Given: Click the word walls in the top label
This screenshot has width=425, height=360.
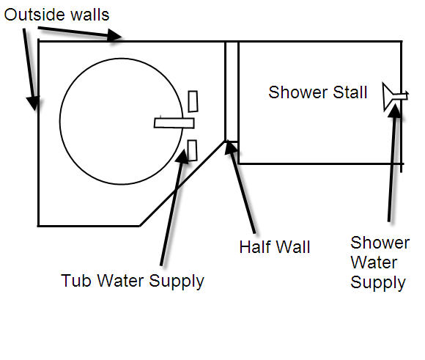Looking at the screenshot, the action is (x=90, y=15).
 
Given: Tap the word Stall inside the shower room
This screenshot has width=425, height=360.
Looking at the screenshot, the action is (x=350, y=92).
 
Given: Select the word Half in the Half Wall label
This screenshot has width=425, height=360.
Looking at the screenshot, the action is (x=254, y=247).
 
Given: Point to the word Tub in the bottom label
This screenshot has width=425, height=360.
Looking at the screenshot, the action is (x=76, y=280).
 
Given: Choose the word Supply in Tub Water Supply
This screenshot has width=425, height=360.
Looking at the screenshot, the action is (x=177, y=282).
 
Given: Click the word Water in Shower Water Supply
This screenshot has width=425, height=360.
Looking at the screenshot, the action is (x=374, y=262).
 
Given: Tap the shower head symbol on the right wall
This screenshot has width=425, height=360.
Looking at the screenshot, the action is (x=395, y=96).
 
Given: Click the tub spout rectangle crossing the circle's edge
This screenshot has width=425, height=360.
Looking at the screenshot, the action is (x=174, y=123).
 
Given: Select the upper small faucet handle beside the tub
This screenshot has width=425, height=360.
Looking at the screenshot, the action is (x=193, y=101).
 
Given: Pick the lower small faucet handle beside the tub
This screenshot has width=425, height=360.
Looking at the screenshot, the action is (x=192, y=150).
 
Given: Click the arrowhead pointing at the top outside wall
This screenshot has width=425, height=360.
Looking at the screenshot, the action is (x=114, y=35).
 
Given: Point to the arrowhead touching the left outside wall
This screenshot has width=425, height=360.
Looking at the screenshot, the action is (x=33, y=103).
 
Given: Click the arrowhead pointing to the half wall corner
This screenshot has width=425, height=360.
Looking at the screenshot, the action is (x=230, y=147).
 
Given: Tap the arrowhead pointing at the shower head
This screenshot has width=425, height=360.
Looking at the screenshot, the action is (x=395, y=111).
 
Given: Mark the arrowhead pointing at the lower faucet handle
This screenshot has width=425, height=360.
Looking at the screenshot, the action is (x=182, y=156).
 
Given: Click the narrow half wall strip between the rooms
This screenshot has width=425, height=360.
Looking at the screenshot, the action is (x=232, y=92).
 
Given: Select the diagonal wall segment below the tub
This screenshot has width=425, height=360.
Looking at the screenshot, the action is (x=182, y=183).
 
